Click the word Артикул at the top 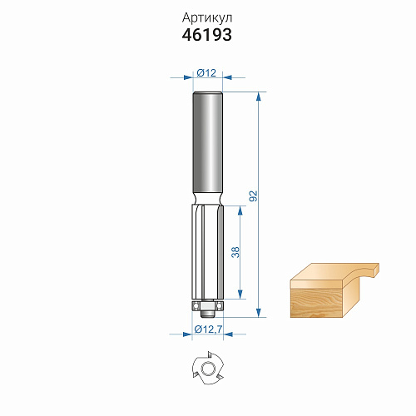(x=207, y=18)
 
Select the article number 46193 (x=207, y=35)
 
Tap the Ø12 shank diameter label (x=206, y=73)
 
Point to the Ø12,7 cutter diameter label (x=208, y=329)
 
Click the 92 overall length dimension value (x=253, y=196)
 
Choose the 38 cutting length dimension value (x=235, y=252)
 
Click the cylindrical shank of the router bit (x=207, y=142)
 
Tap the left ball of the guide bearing (x=196, y=305)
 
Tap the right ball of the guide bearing (x=220, y=305)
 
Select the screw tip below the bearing (x=207, y=314)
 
